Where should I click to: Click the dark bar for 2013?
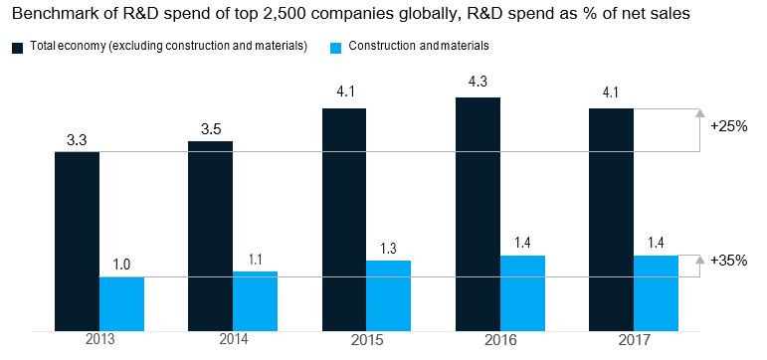77,242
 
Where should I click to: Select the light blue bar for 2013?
121,304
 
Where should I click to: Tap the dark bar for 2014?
210,237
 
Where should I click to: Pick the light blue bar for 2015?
388,296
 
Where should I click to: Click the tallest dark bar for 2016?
478,215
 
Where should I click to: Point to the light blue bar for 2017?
656,293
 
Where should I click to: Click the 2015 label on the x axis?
367,340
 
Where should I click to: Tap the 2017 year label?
634,340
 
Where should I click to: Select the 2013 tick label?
99,340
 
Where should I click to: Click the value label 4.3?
478,81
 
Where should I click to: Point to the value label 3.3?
77,141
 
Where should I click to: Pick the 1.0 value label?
121,265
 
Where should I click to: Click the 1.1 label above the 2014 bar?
256,260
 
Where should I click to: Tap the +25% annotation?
729,126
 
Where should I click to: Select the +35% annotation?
729,261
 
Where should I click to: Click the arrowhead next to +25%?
700,113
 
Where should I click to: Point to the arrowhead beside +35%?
700,260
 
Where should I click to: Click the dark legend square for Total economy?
18,48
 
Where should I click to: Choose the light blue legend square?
335,48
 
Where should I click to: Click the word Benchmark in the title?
46,14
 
